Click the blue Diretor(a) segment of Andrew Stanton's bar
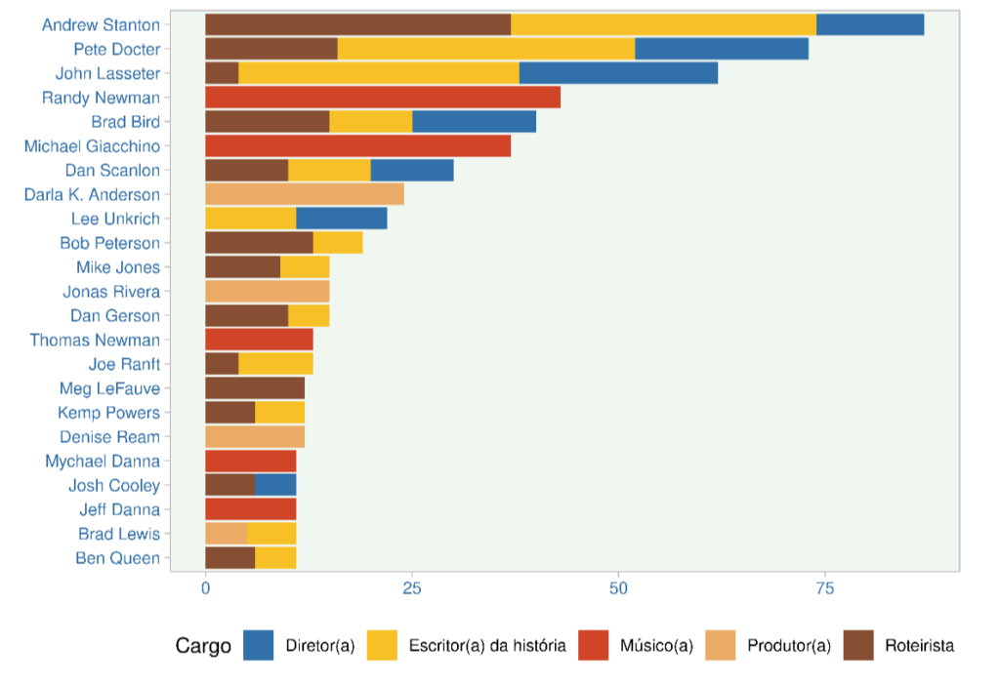[x=869, y=25]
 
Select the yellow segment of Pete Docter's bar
[x=485, y=49]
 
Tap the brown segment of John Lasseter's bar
[x=222, y=73]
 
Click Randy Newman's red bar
[x=382, y=98]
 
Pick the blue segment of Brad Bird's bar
[x=475, y=122]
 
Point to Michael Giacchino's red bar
[x=357, y=146]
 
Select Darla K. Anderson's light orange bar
[x=304, y=194]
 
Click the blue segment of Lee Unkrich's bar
[x=341, y=219]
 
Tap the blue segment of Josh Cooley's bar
[x=275, y=485]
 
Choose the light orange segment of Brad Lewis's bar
[x=226, y=534]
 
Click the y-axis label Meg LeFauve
[x=108, y=388]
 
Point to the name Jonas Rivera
[x=110, y=292]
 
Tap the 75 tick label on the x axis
[x=824, y=588]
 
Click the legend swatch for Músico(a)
[x=594, y=646]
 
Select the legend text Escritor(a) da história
[x=487, y=646]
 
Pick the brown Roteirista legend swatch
[x=859, y=646]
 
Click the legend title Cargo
[x=203, y=646]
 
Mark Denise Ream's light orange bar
[x=254, y=437]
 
